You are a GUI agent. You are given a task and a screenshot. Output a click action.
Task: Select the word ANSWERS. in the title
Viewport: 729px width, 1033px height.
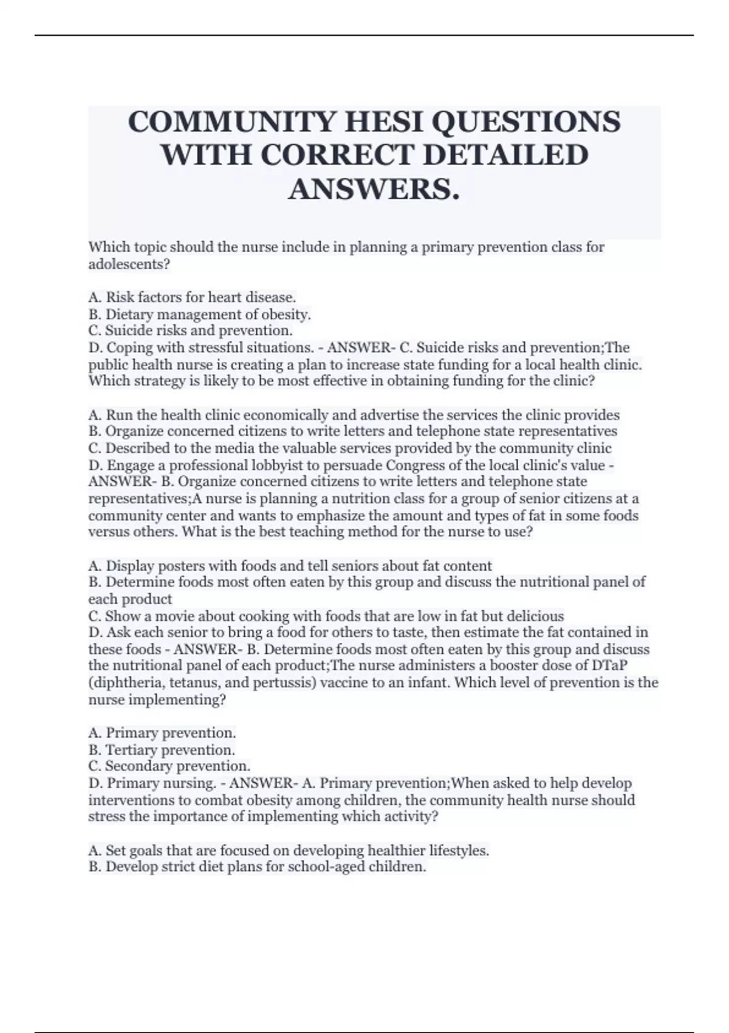[374, 189]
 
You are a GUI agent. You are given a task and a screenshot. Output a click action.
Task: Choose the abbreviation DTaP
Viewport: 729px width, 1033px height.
[609, 666]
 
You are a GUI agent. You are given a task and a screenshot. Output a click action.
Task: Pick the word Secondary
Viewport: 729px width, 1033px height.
[139, 766]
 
